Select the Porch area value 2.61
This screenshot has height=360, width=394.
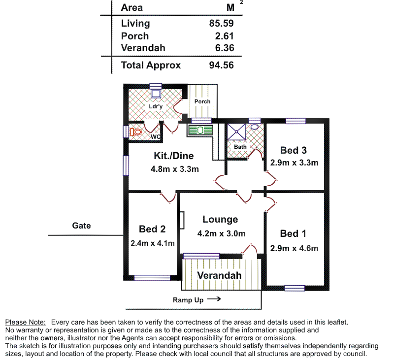[x=225, y=36]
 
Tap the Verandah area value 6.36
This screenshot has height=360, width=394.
[x=225, y=48]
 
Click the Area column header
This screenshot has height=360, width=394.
[x=132, y=7]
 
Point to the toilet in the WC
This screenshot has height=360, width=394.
[x=136, y=132]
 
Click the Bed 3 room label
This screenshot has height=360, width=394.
[x=294, y=150]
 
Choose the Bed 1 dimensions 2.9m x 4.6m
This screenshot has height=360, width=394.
[x=294, y=248]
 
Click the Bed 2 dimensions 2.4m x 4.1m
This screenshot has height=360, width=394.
[x=153, y=243]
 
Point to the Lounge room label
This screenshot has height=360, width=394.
[x=220, y=220]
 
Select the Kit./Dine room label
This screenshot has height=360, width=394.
[x=174, y=156]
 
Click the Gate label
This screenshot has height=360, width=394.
[x=82, y=226]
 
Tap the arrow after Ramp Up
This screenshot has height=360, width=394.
[x=213, y=299]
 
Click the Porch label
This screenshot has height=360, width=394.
[x=202, y=101]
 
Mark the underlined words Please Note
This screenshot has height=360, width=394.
[x=26, y=322]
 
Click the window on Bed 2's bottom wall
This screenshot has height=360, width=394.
[x=152, y=278]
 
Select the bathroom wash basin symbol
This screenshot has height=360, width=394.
[x=254, y=127]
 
